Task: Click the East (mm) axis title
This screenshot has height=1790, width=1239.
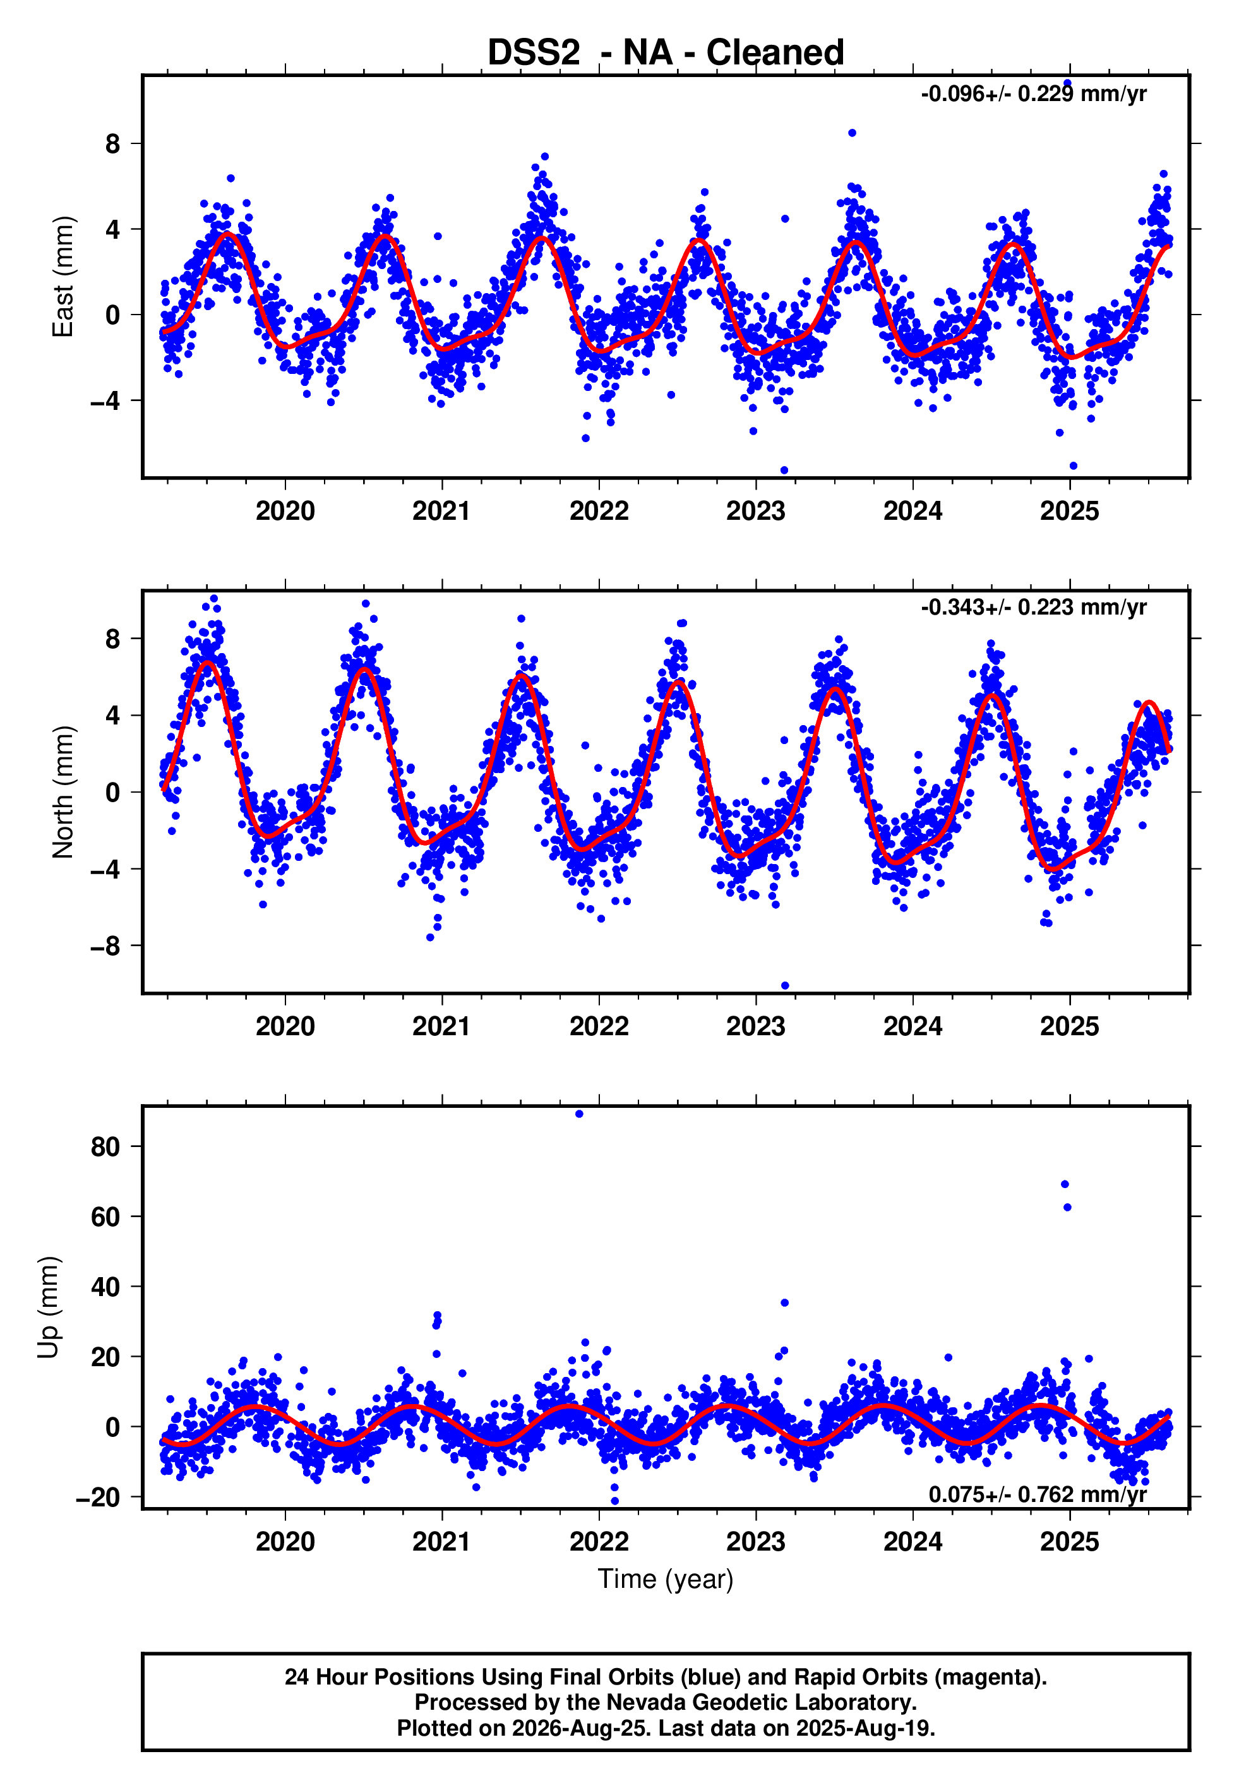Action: point(63,277)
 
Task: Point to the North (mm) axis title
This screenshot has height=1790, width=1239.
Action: point(63,792)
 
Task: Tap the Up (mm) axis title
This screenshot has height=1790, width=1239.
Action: point(49,1307)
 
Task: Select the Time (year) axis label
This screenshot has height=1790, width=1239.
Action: point(666,1579)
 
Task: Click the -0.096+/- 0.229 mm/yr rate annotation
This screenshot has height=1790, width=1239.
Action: point(1033,94)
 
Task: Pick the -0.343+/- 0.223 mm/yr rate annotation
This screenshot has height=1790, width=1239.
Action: point(1033,607)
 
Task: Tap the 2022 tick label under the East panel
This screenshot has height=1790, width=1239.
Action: point(599,511)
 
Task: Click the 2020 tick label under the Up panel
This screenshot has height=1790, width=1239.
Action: point(285,1542)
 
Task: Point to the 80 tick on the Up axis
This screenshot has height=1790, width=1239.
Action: point(105,1146)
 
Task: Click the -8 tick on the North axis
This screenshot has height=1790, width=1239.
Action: point(105,946)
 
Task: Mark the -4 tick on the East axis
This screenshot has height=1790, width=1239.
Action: point(105,400)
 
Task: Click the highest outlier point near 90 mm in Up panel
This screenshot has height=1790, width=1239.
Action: point(579,1114)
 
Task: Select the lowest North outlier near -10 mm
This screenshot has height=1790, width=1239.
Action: point(785,986)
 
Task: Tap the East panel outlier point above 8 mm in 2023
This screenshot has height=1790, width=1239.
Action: point(852,133)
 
